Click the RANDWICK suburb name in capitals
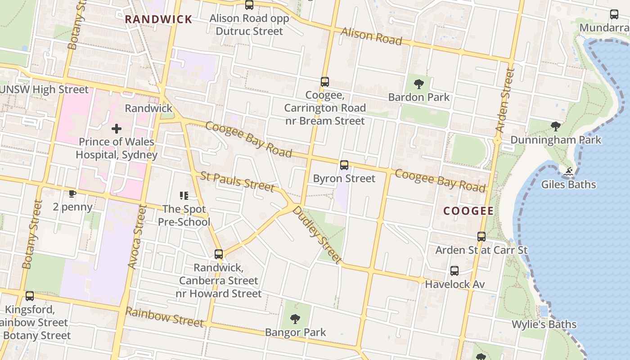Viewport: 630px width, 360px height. pyautogui.click(x=158, y=19)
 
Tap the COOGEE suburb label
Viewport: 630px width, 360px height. pyautogui.click(x=468, y=211)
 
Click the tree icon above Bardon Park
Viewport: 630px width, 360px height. pyautogui.click(x=419, y=84)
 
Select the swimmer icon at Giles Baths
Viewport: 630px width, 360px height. pyautogui.click(x=568, y=171)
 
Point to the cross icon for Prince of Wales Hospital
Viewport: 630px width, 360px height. pyautogui.click(x=117, y=129)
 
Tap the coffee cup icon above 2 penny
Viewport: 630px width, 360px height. pyautogui.click(x=72, y=194)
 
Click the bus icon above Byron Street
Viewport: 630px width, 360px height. pyautogui.click(x=344, y=165)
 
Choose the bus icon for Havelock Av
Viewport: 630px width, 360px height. pyautogui.click(x=454, y=271)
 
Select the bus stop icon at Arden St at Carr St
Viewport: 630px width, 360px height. pyautogui.click(x=481, y=237)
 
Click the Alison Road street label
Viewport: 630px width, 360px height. pyautogui.click(x=371, y=36)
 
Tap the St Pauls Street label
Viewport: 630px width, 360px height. pyautogui.click(x=237, y=181)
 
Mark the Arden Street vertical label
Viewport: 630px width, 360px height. pyautogui.click(x=505, y=100)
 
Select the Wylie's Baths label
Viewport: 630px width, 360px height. pyautogui.click(x=544, y=324)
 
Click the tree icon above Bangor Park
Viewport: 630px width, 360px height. pyautogui.click(x=295, y=319)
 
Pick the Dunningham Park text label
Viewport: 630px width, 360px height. pyautogui.click(x=555, y=140)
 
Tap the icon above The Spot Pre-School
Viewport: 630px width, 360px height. pyautogui.click(x=184, y=196)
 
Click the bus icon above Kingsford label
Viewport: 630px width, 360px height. pyautogui.click(x=30, y=296)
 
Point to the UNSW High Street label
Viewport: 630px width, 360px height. pyautogui.click(x=44, y=90)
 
